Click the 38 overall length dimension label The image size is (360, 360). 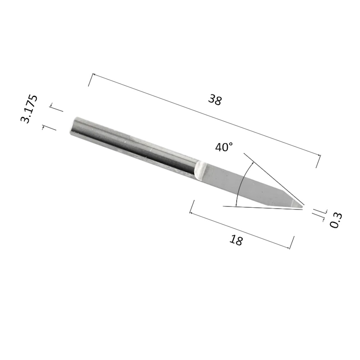click(215, 100)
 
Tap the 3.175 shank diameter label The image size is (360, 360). click(29, 109)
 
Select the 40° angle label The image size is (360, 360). click(224, 147)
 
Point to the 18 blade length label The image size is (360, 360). click(236, 240)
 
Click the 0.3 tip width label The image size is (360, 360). click(336, 220)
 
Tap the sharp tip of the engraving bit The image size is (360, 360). click(303, 208)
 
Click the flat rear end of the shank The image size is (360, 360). click(73, 126)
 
